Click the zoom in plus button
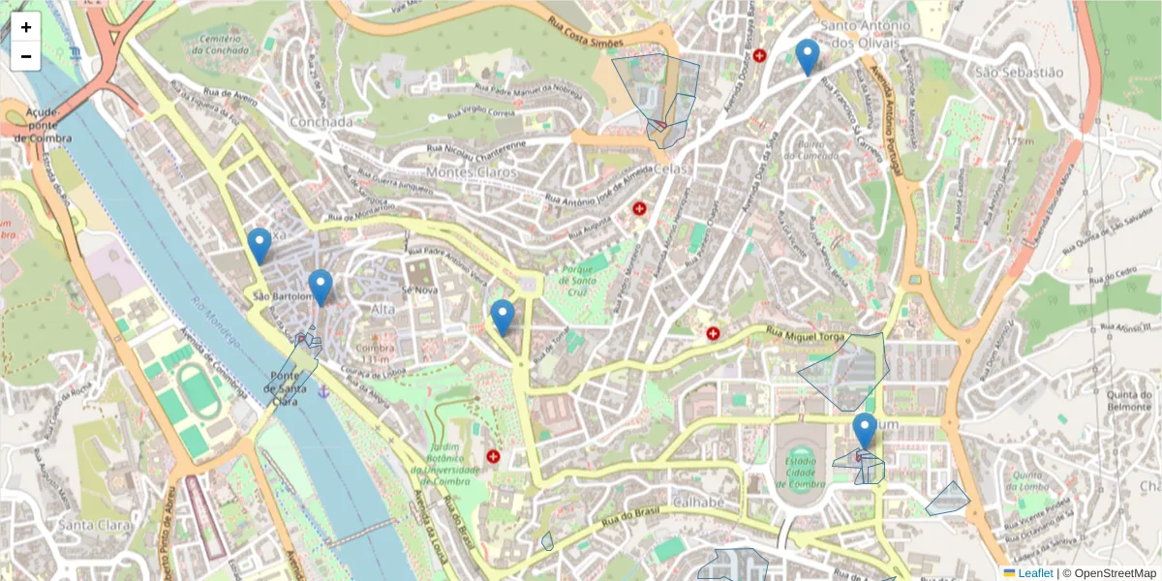tap(26, 27)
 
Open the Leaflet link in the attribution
tap(1035, 573)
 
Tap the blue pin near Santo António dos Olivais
tap(807, 56)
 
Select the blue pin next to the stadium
tap(864, 430)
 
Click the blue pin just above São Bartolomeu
tap(321, 287)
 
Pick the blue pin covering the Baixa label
tap(259, 245)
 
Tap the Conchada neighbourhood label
tap(321, 122)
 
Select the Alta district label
tap(383, 308)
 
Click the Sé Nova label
tap(421, 290)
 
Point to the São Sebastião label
tap(1018, 73)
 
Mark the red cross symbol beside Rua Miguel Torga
tap(714, 334)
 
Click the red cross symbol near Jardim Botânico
tap(493, 456)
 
